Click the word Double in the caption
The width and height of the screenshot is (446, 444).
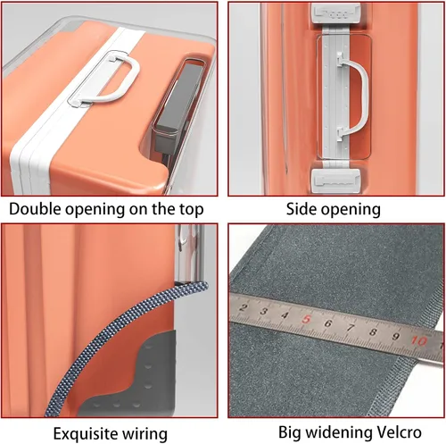(36, 209)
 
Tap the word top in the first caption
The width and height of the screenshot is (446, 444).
(191, 210)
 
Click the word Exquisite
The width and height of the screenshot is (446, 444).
(82, 434)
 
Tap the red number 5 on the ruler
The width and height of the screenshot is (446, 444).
(306, 320)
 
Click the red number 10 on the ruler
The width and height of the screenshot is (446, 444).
(418, 340)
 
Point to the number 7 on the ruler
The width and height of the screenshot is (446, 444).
(351, 328)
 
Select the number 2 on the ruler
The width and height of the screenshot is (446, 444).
(244, 307)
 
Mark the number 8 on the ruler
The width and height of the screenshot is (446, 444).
(373, 332)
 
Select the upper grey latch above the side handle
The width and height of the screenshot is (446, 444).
(336, 13)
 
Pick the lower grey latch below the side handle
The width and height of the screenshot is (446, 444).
(336, 180)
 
